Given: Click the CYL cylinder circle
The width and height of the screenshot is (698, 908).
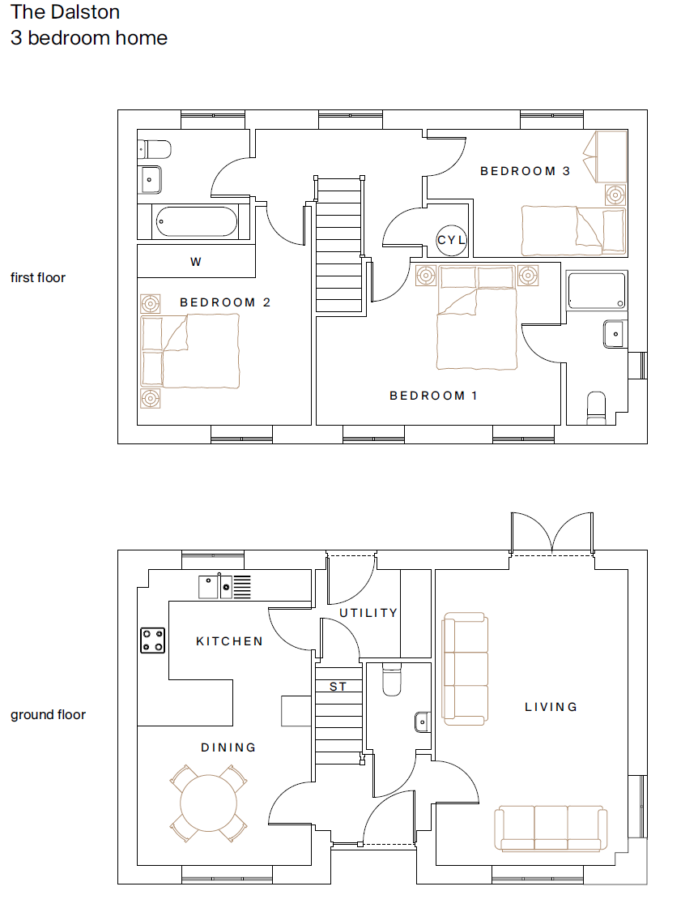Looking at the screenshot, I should pyautogui.click(x=451, y=240).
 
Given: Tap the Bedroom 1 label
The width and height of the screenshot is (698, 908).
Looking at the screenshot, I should pyautogui.click(x=433, y=396).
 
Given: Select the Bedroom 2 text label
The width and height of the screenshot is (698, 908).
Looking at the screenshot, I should pyautogui.click(x=225, y=302).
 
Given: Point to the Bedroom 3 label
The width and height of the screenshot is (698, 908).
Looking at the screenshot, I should pyautogui.click(x=525, y=171).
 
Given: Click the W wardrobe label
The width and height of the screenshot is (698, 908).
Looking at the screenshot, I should pyautogui.click(x=195, y=262).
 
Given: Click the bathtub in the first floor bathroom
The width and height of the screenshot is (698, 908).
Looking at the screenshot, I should pyautogui.click(x=196, y=221).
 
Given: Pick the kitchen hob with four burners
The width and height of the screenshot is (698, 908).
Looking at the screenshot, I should pyautogui.click(x=153, y=640).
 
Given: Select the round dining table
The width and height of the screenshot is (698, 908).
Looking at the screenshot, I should pyautogui.click(x=208, y=803).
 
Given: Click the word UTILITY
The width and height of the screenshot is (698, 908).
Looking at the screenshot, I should pyautogui.click(x=368, y=613).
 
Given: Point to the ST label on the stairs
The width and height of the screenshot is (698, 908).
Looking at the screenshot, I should pyautogui.click(x=338, y=687).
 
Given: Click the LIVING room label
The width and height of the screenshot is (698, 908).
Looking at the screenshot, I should pyautogui.click(x=551, y=707).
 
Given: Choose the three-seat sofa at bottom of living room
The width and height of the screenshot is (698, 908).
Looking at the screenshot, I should pyautogui.click(x=552, y=828).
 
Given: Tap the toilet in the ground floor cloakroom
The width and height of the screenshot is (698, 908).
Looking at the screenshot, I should pyautogui.click(x=390, y=680).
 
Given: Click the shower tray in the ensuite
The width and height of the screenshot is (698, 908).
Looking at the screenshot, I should pyautogui.click(x=597, y=290).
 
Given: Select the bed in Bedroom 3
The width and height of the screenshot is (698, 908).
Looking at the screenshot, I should pyautogui.click(x=573, y=228).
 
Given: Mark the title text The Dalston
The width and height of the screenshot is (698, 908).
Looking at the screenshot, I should pyautogui.click(x=65, y=12).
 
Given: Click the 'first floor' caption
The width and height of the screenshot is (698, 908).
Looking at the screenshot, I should pyautogui.click(x=38, y=277).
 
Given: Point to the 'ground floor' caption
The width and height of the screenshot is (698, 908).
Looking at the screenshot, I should pyautogui.click(x=48, y=714).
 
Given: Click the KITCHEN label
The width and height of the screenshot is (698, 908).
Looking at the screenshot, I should pyautogui.click(x=229, y=641).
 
